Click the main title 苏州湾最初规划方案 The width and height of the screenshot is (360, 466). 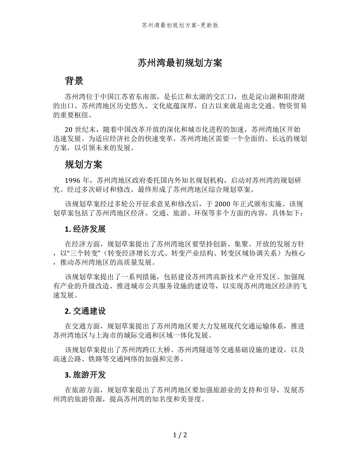point(180,63)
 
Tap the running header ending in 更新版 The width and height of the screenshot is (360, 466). point(180,25)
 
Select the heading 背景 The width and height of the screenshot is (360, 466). point(74,81)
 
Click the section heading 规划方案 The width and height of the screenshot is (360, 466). point(83,165)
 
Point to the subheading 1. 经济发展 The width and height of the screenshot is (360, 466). point(85,229)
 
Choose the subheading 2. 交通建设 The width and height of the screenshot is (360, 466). point(85,311)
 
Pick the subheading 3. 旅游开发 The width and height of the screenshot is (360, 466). point(85,375)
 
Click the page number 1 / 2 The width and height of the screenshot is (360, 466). point(180,435)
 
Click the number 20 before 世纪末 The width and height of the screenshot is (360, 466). point(69,130)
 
